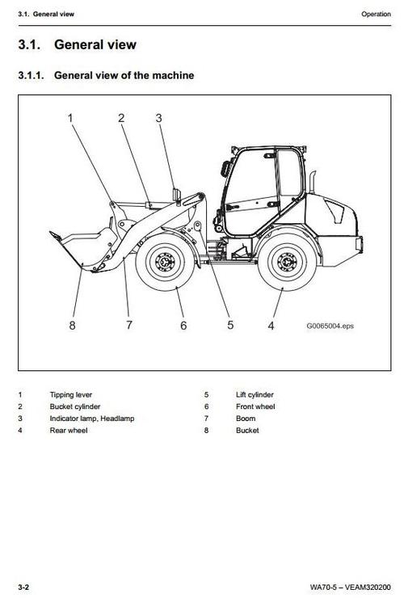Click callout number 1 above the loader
coord(70,118)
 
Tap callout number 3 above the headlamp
coord(158,118)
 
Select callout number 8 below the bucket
coord(72,325)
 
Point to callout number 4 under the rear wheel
coord(271,325)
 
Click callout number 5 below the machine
coord(230,325)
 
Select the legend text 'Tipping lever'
coord(71,394)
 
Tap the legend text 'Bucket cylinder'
coord(75,406)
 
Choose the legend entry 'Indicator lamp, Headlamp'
coord(92,419)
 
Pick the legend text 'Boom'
coord(246,419)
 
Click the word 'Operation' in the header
coord(376,14)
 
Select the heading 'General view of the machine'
coord(124,76)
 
